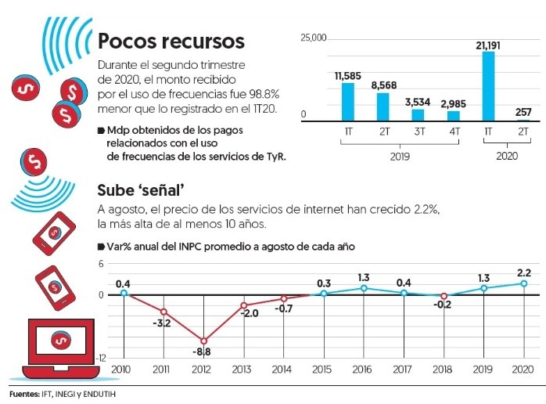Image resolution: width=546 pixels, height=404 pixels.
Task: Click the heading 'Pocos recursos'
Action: (x=171, y=41)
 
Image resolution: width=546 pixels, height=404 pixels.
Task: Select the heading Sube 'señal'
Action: (x=139, y=191)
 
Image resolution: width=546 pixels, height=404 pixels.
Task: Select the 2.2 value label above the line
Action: (x=524, y=272)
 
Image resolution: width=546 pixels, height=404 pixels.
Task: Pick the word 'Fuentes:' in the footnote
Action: (x=23, y=393)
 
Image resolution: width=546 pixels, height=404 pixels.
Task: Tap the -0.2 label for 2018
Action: (x=444, y=306)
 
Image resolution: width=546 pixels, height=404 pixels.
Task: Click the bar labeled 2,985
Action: (x=454, y=117)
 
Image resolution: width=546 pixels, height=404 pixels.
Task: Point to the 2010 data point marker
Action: (x=124, y=293)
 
